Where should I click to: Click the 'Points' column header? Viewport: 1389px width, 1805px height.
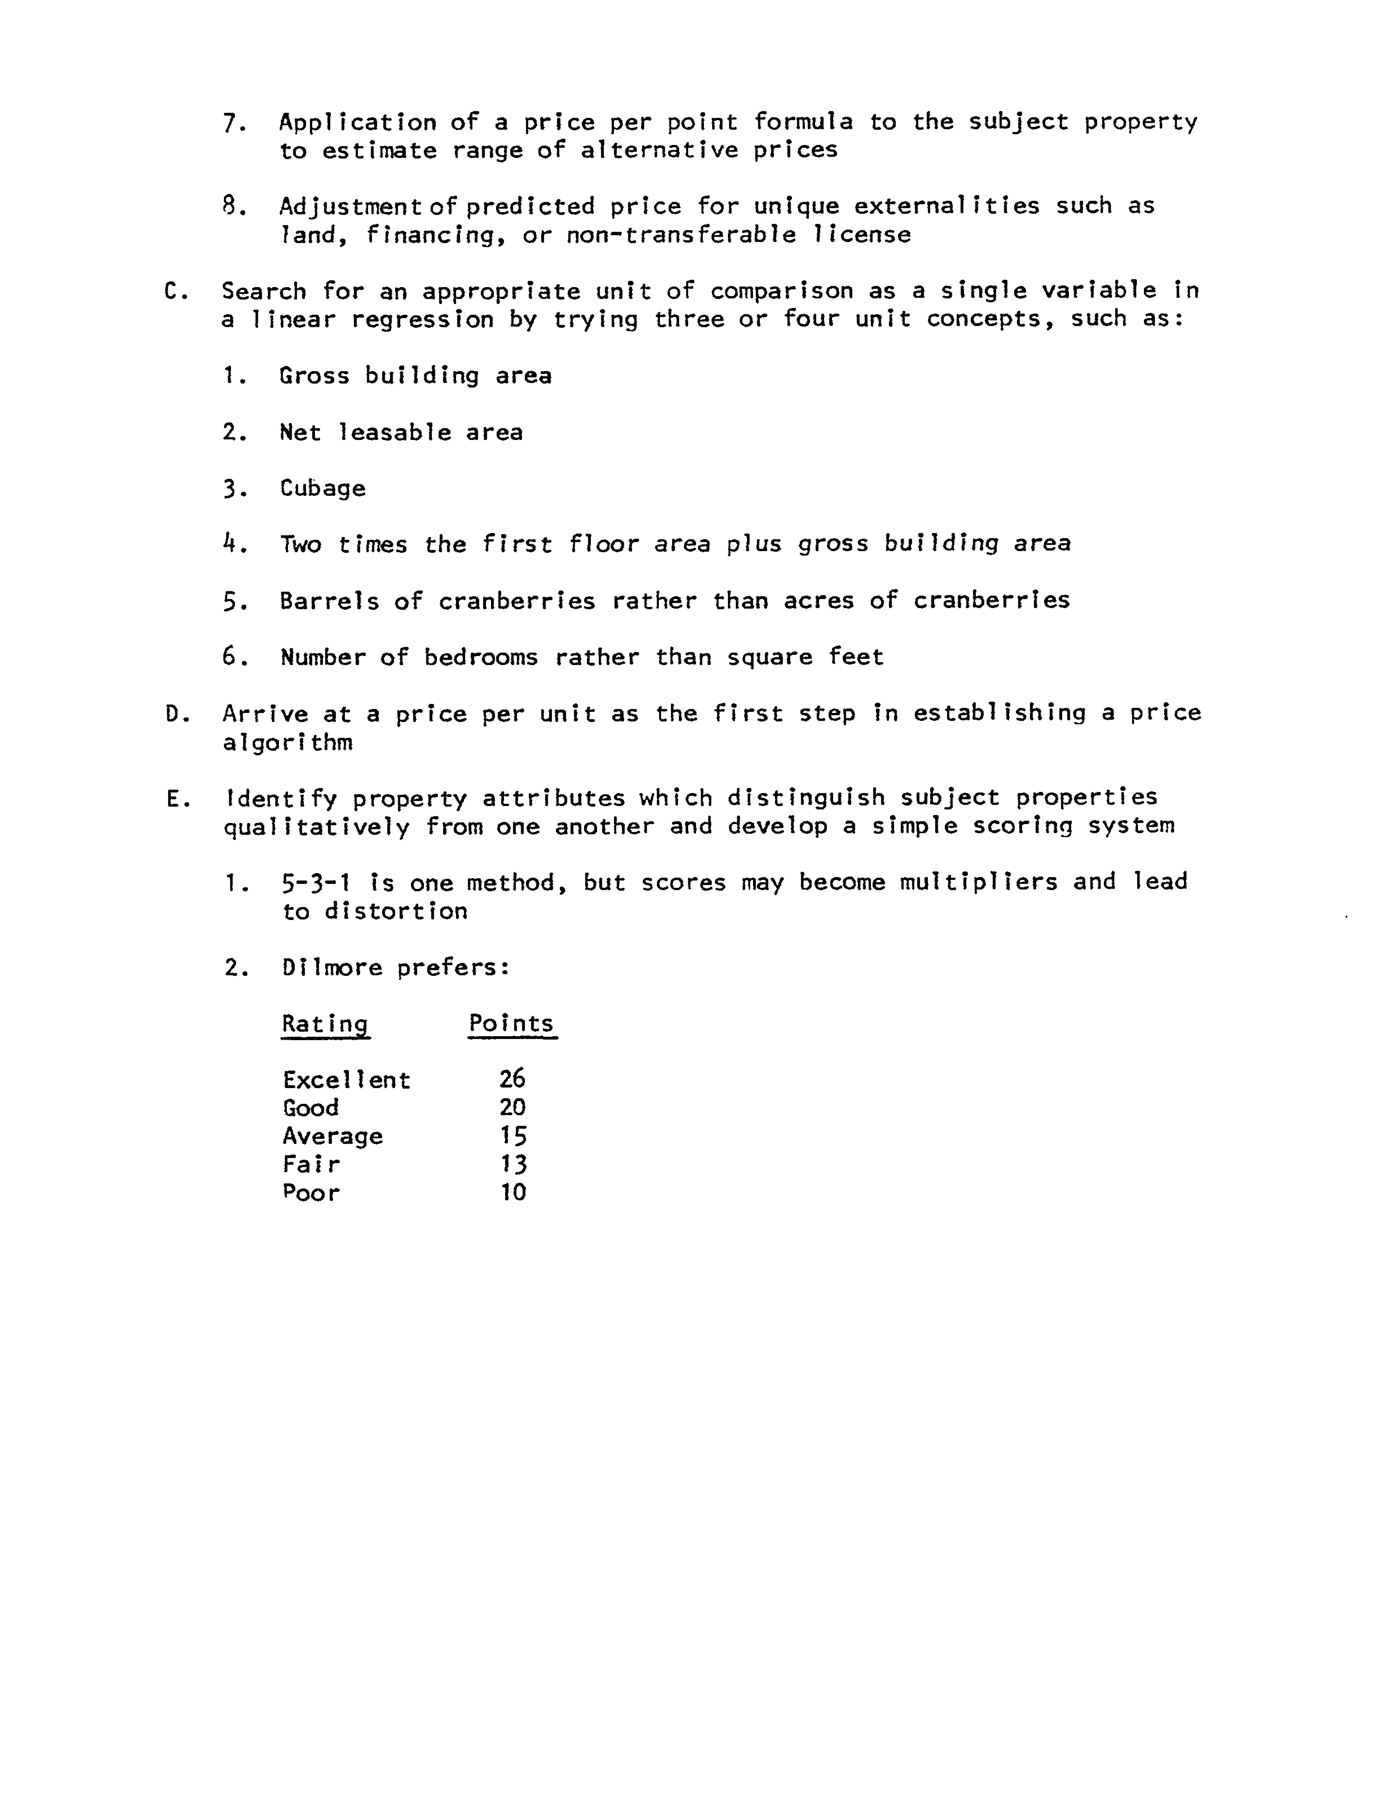click(512, 1023)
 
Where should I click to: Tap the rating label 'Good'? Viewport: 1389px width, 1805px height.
click(311, 1108)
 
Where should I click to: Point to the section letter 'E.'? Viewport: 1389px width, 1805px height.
click(177, 798)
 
